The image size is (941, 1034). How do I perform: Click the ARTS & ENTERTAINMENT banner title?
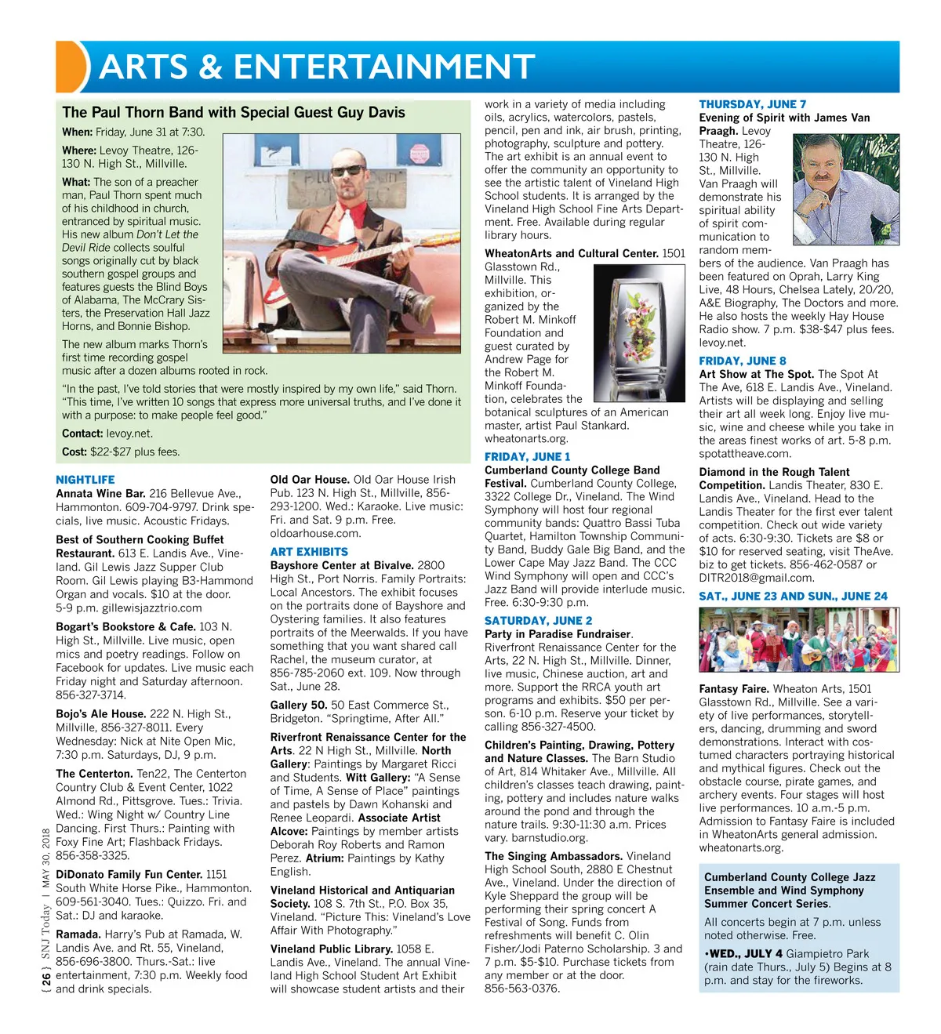317,67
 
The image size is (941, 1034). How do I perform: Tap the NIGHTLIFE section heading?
85,480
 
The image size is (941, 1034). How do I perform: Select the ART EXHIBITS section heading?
309,552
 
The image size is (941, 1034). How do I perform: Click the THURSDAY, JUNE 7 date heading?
752,104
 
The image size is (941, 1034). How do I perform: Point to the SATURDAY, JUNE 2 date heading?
538,620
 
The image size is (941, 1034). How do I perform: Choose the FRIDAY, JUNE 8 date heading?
742,361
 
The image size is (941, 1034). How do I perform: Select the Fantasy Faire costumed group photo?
798,640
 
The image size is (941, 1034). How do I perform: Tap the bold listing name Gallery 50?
299,706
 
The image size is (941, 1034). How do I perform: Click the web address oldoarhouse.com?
315,533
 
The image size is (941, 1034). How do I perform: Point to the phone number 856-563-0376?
522,989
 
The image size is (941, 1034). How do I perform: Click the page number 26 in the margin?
46,978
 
